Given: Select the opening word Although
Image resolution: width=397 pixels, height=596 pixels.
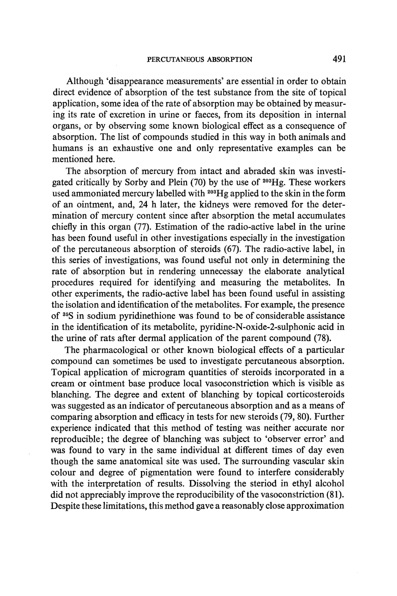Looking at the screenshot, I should coord(85,82).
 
